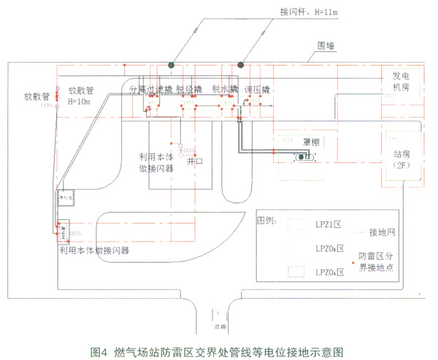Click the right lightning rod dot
tap(242, 65)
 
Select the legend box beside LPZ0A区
tap(296, 272)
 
